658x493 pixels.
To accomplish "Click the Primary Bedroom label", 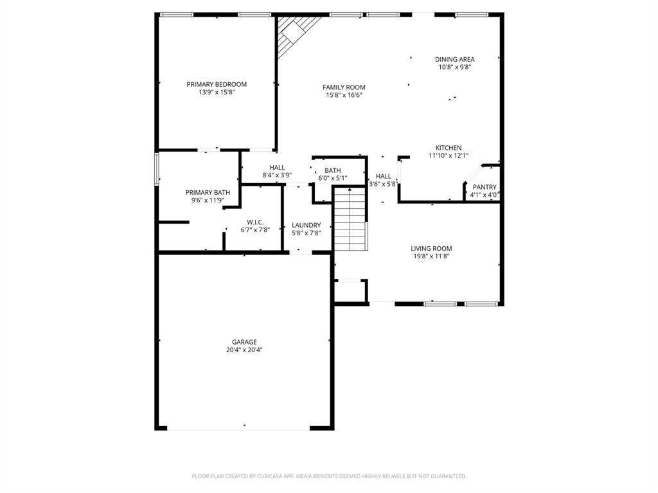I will (217, 84).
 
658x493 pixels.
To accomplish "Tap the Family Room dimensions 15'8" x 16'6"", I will (344, 95).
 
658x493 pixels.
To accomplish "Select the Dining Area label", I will (454, 59).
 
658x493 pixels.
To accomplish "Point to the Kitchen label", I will (449, 148).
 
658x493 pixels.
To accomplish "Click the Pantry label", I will (485, 187).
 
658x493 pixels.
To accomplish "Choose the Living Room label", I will (431, 248).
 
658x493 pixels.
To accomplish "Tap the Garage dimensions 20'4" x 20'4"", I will (244, 350).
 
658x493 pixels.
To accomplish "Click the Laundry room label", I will (306, 225).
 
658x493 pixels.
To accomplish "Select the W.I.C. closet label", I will (255, 222).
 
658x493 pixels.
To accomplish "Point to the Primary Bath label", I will (208, 192).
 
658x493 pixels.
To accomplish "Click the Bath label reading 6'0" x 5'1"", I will (332, 170).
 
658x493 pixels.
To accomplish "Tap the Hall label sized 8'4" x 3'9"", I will (277, 168).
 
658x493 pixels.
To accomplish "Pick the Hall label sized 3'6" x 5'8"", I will (383, 176).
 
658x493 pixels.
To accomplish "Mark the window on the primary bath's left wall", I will (156, 169).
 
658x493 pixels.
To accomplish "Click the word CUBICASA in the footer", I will (263, 476).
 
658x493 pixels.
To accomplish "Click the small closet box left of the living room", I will (350, 291).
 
